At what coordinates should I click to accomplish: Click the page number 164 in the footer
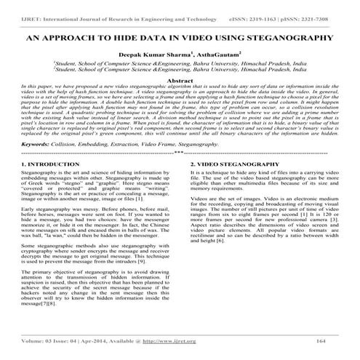pyautogui.click(x=320, y=340)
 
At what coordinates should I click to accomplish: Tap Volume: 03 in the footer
pyautogui.click(x=39, y=340)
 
